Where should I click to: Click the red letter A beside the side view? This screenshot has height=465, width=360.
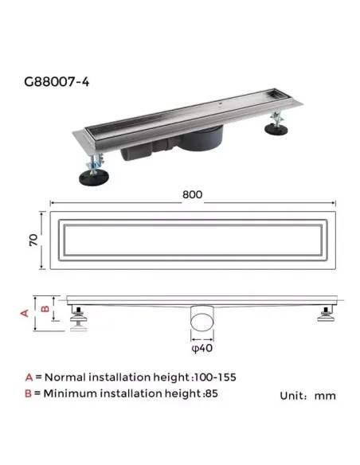click(x=25, y=313)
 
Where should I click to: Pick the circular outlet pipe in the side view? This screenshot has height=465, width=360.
click(x=202, y=322)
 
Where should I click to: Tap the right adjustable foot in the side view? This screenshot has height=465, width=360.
click(x=326, y=318)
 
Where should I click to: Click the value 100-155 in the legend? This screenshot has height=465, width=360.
click(x=217, y=377)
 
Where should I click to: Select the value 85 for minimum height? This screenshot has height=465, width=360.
click(x=209, y=393)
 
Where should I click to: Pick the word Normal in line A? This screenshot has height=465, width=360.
click(x=64, y=377)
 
